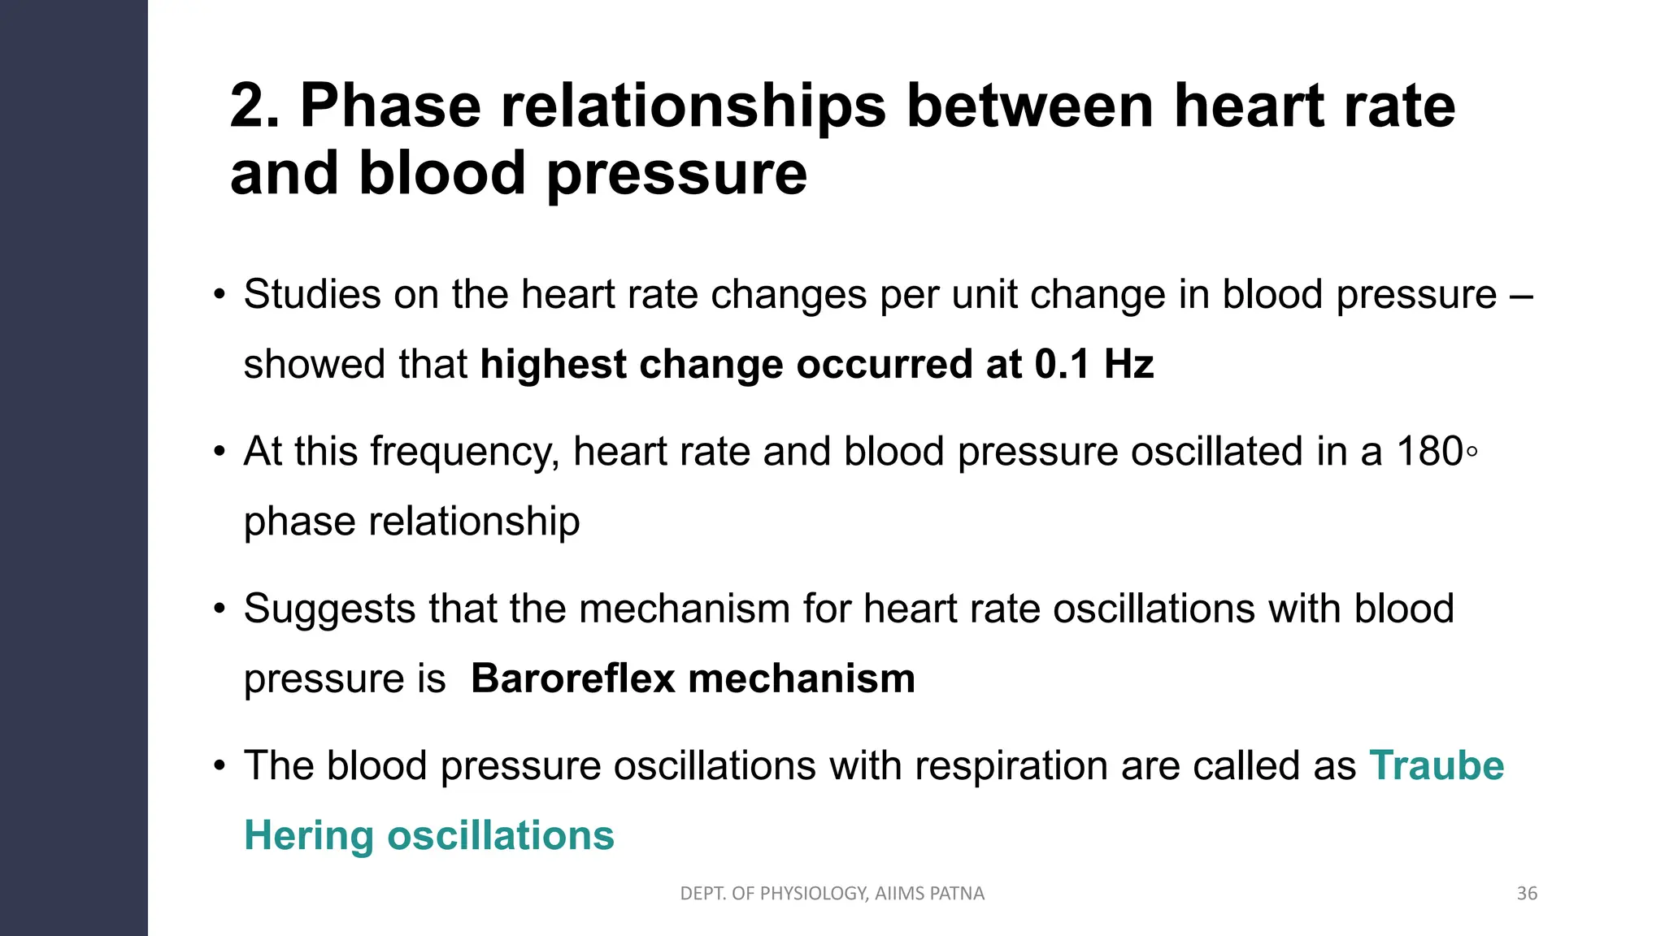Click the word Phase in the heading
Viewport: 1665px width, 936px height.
pos(390,106)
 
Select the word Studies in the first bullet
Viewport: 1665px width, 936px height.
pos(312,294)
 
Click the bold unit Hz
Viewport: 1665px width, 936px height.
pos(1128,364)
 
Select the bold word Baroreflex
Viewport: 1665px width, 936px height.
pos(572,678)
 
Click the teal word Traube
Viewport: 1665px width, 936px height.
pos(1437,765)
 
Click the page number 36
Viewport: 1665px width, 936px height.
pos(1527,894)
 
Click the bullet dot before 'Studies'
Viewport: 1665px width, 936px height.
pos(219,294)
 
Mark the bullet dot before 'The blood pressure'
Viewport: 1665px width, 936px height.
pos(219,765)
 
